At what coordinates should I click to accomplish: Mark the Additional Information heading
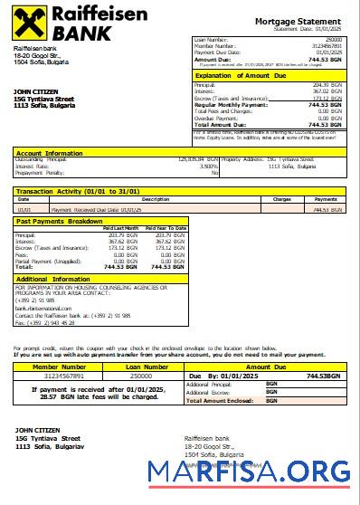[x=53, y=280]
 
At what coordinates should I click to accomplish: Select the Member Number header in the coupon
[x=58, y=367]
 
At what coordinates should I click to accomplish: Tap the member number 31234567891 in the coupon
[x=58, y=375]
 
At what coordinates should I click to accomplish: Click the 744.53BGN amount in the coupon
[x=323, y=375]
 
